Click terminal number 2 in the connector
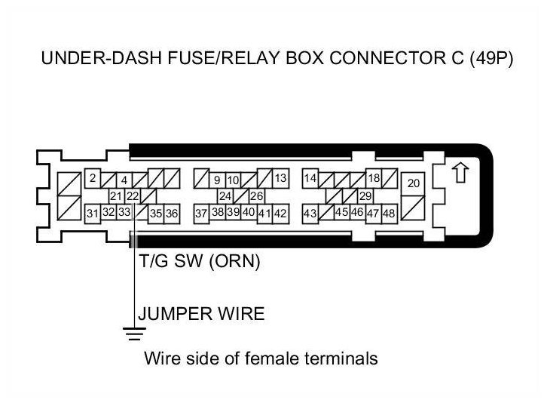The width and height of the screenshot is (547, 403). [92, 179]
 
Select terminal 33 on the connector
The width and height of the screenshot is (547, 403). [124, 213]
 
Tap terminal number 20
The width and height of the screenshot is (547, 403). [414, 183]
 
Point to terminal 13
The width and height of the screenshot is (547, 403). [280, 179]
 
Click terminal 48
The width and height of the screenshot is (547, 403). [389, 214]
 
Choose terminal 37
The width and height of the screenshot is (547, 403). [201, 214]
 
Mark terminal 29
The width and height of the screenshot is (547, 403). [365, 196]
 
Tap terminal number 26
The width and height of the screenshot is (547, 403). [257, 196]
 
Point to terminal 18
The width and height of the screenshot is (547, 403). [373, 179]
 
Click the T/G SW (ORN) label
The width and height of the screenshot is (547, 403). [200, 263]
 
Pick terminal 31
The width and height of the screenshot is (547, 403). [92, 214]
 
